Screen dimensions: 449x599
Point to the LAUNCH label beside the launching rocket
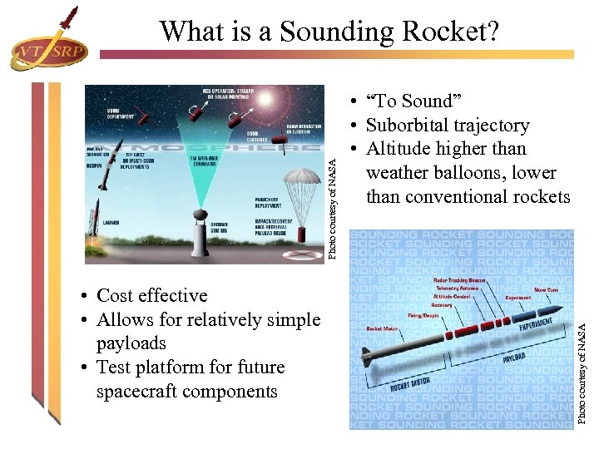tap(113, 223)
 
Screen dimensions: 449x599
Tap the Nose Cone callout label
tap(547, 289)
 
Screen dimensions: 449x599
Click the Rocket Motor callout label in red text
tap(383, 328)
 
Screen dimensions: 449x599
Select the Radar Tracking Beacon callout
tap(459, 280)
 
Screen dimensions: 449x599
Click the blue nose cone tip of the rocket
tap(562, 309)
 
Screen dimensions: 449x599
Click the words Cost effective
tap(152, 296)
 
